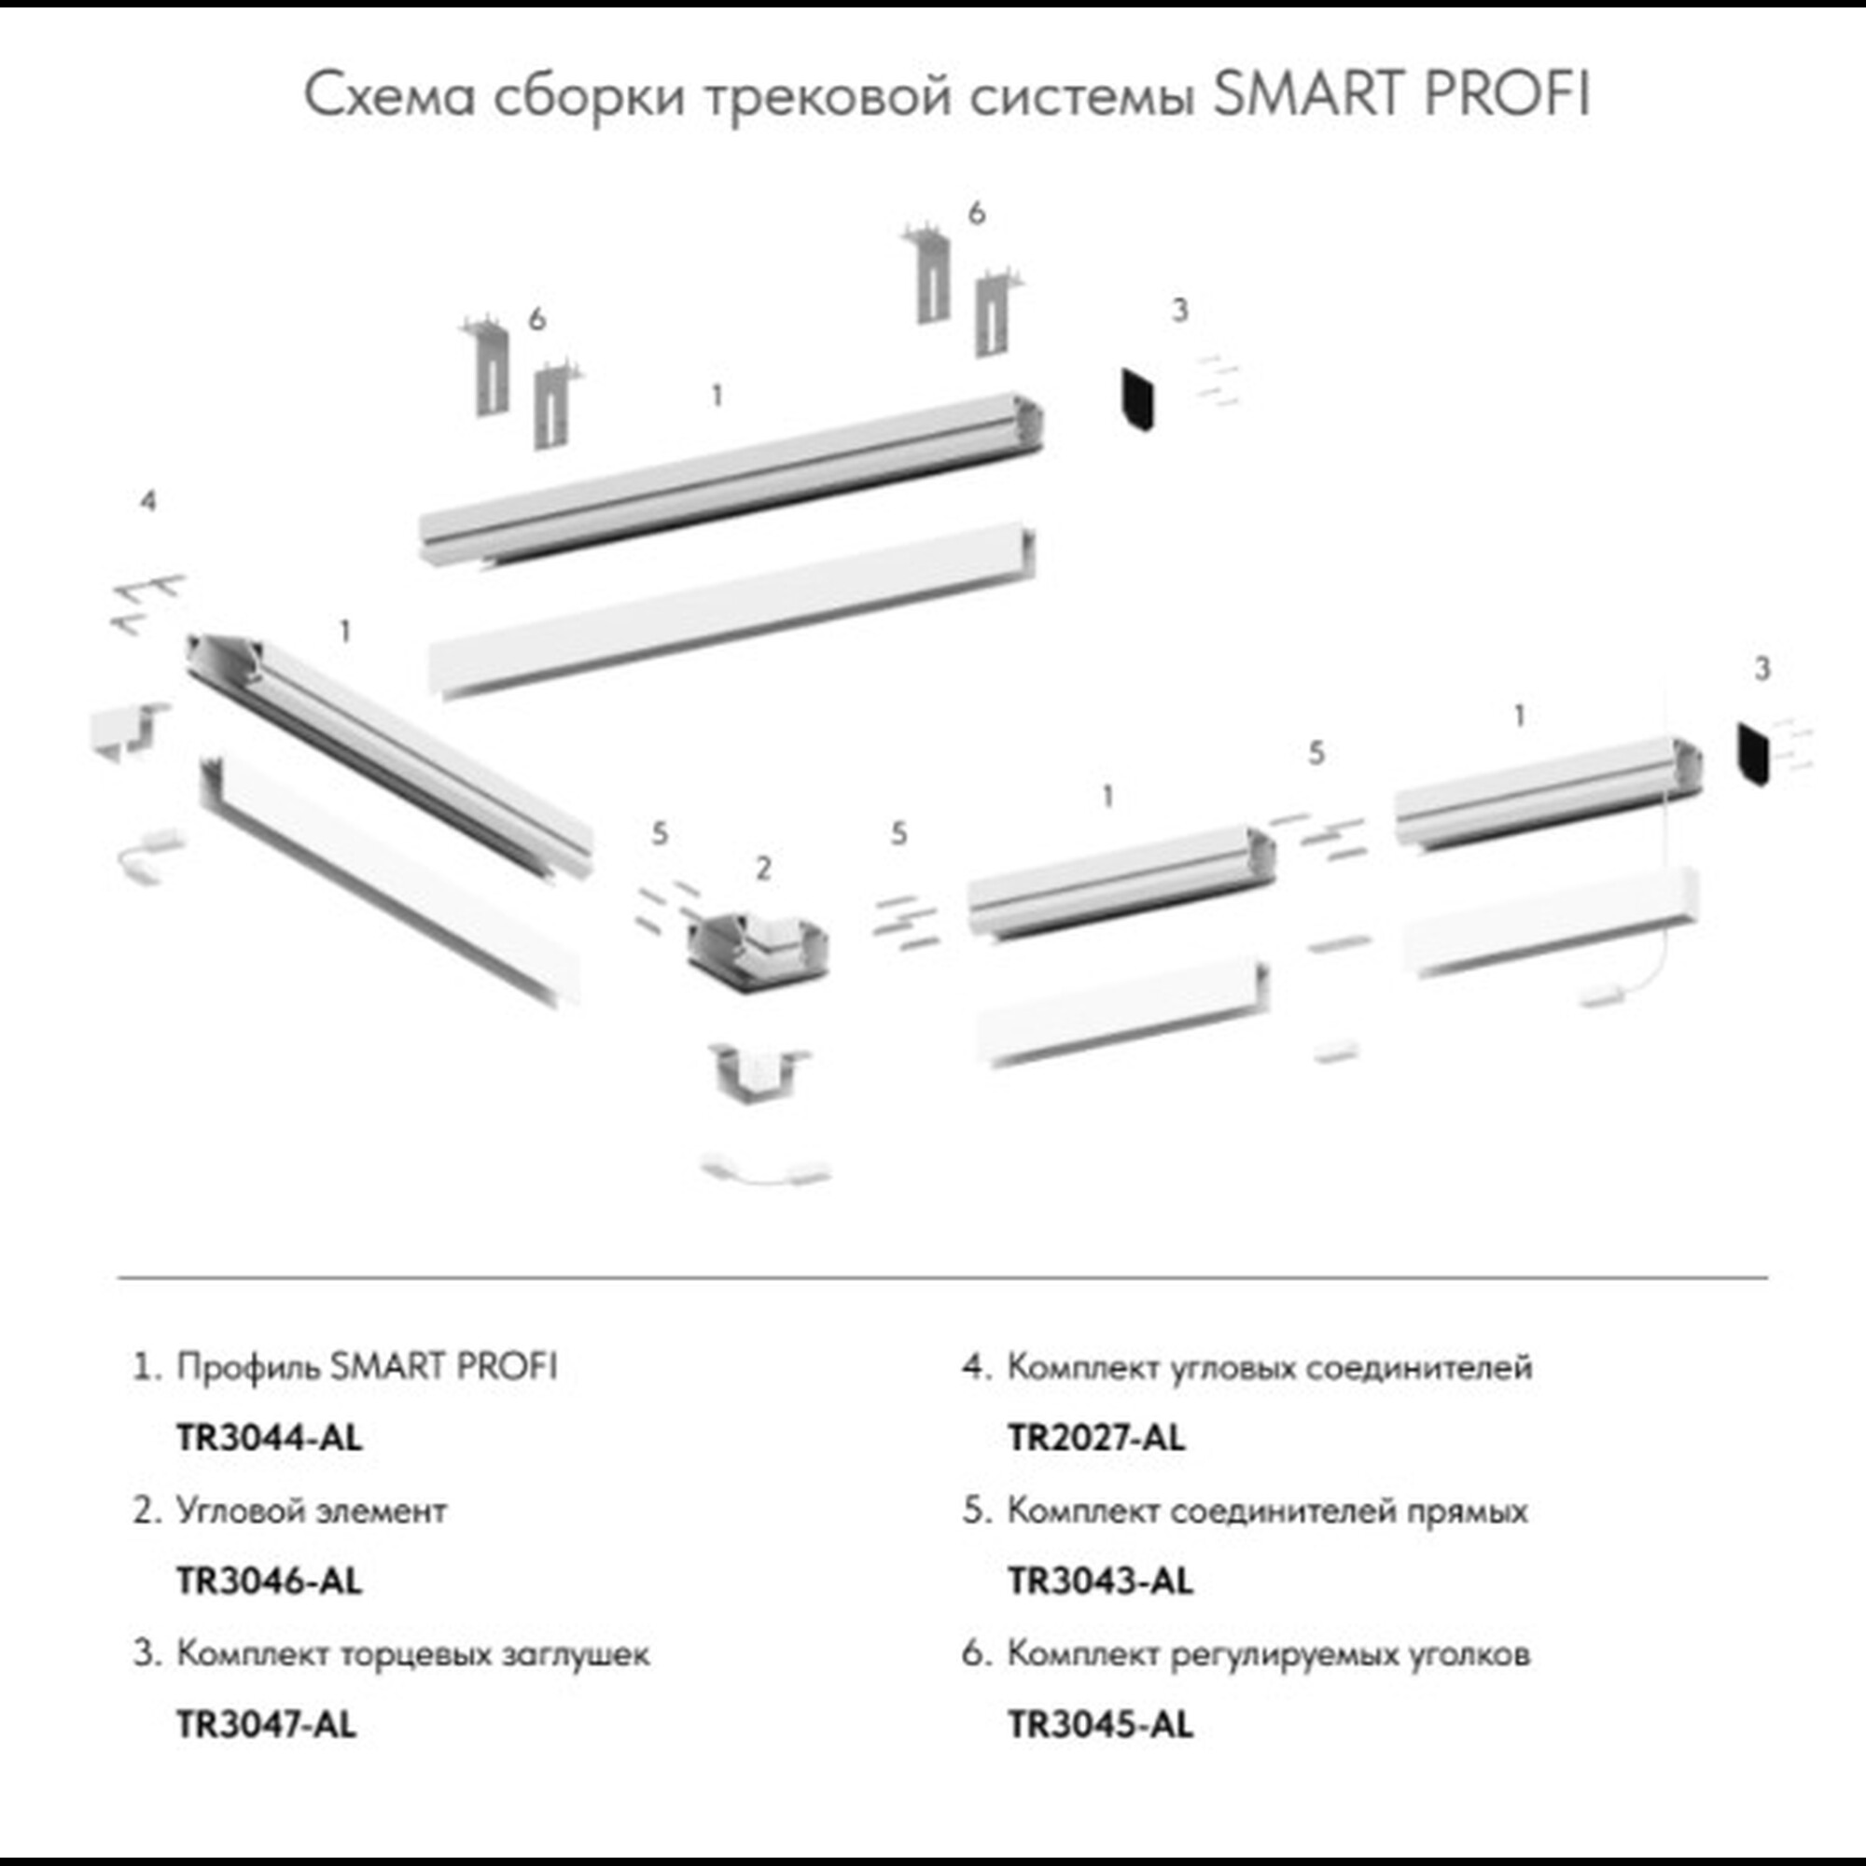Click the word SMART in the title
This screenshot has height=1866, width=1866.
pos(1309,94)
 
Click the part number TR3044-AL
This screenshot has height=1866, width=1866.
pos(270,1438)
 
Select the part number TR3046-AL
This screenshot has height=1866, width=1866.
pos(270,1581)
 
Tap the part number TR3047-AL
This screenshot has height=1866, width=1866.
pos(267,1724)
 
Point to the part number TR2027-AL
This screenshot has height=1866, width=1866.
pos(1096,1438)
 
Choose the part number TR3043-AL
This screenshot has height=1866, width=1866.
pos(1101,1581)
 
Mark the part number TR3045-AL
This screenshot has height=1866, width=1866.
pos(1101,1724)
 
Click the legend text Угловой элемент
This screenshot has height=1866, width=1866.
pos(311,1511)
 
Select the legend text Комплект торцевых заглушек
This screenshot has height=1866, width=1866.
pos(413,1653)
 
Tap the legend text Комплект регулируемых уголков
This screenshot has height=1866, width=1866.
pos(1268,1653)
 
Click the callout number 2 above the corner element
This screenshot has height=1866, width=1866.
pos(763,869)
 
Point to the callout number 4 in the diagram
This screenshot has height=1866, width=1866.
pos(147,500)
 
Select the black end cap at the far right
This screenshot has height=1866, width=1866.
pos(1752,754)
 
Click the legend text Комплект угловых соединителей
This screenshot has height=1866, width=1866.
pos(1269,1368)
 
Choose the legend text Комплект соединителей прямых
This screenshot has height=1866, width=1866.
pos(1267,1511)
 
